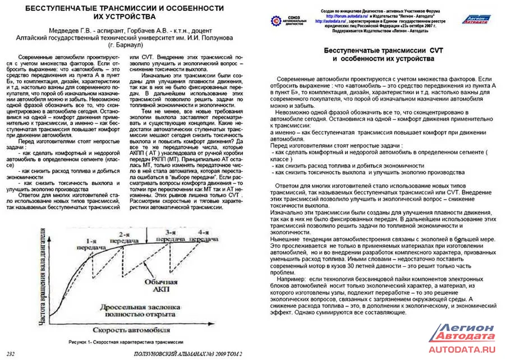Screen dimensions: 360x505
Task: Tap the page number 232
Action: click(10, 354)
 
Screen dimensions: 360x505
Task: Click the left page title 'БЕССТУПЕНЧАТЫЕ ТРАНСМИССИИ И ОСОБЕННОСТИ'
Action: click(125, 8)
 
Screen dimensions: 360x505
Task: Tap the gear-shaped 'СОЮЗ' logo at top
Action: click(277, 21)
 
